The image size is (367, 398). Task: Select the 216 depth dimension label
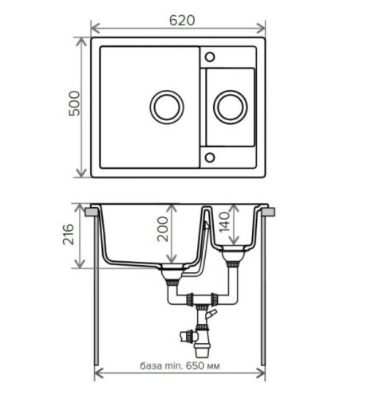70,236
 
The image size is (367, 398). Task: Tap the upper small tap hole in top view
211,57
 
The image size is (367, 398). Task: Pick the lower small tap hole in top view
211,156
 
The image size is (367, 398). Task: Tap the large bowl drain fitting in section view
170,275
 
